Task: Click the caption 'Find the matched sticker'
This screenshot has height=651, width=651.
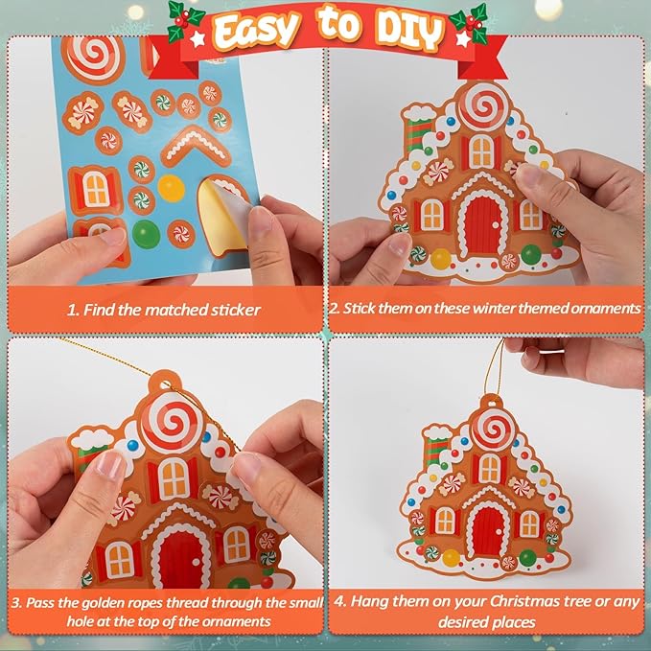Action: click(164, 310)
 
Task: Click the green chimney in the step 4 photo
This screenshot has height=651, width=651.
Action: click(438, 450)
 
